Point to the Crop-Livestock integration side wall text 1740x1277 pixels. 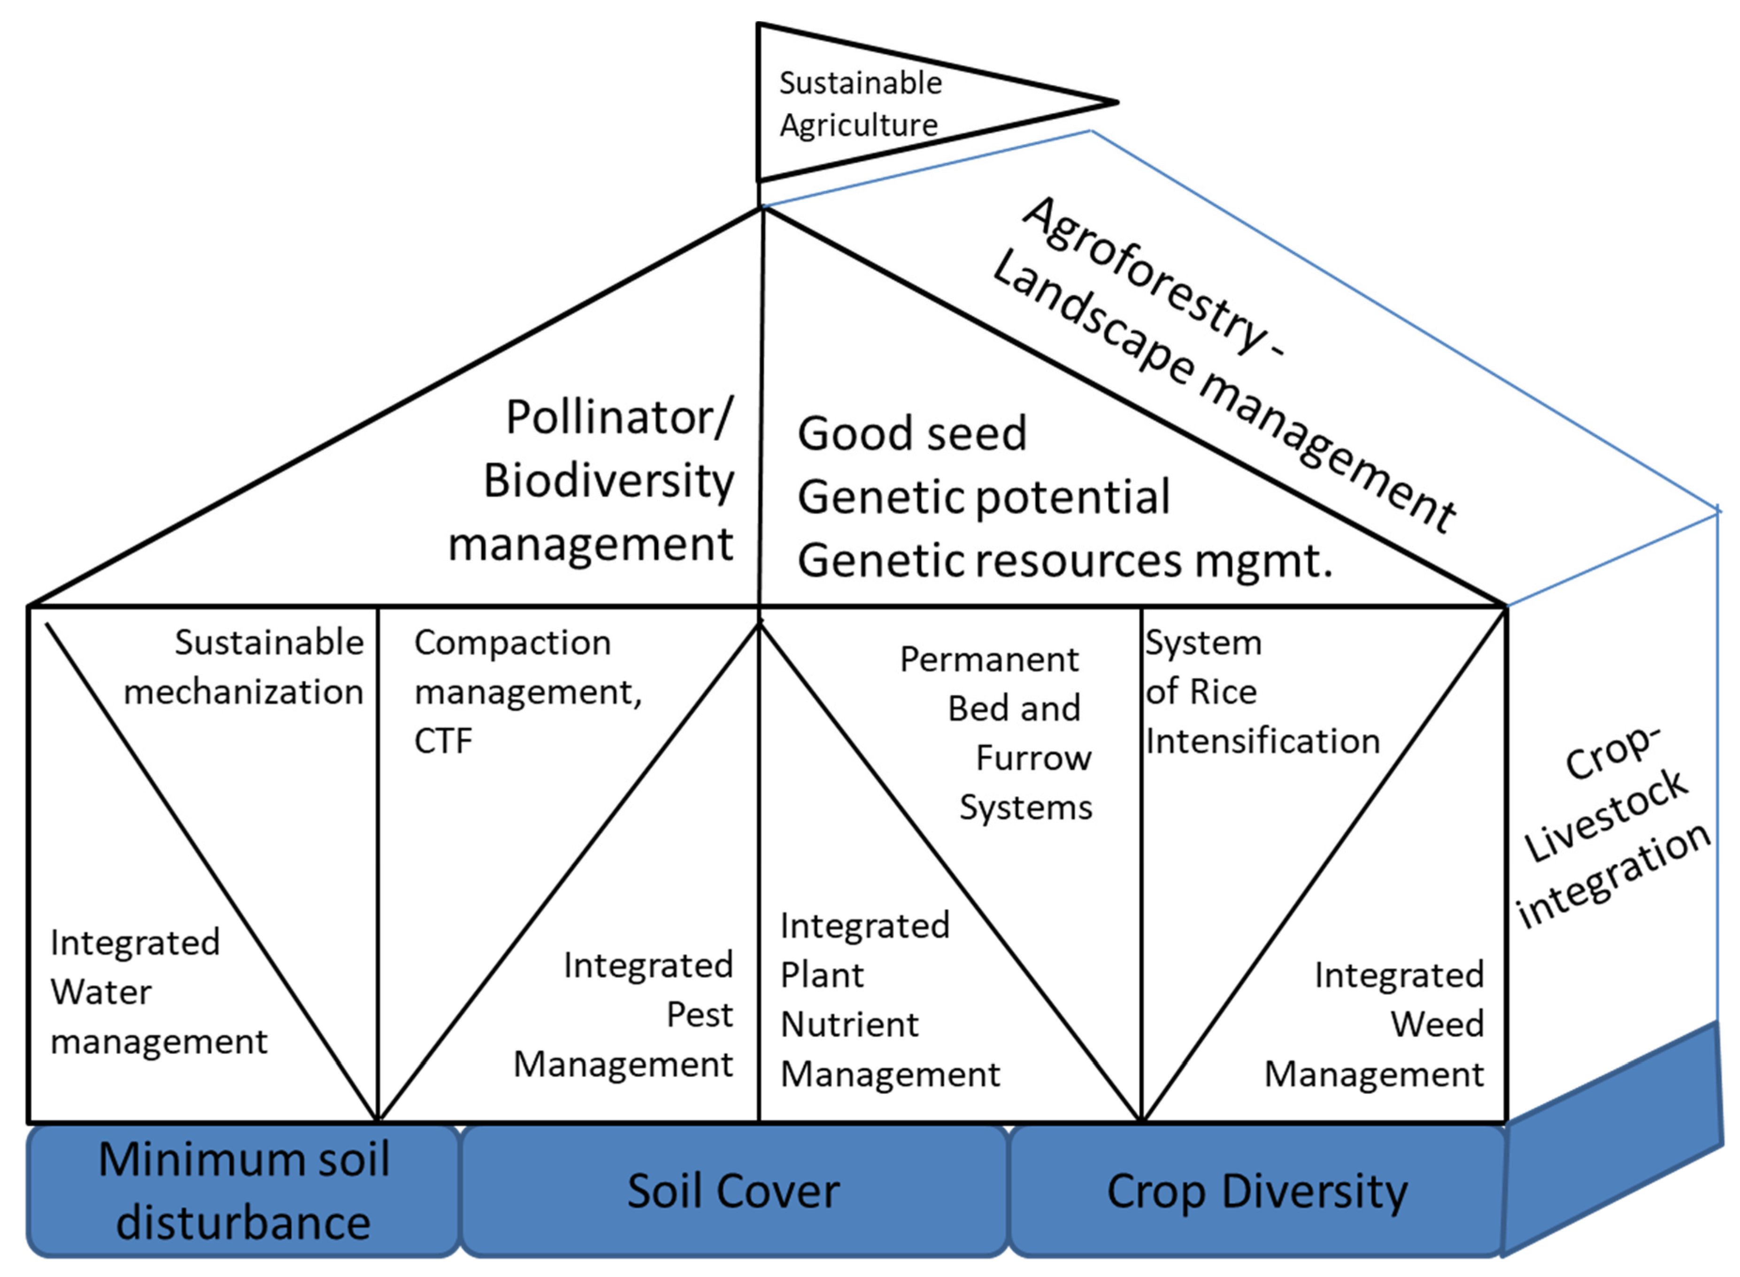click(1612, 831)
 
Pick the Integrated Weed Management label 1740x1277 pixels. click(1384, 1024)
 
